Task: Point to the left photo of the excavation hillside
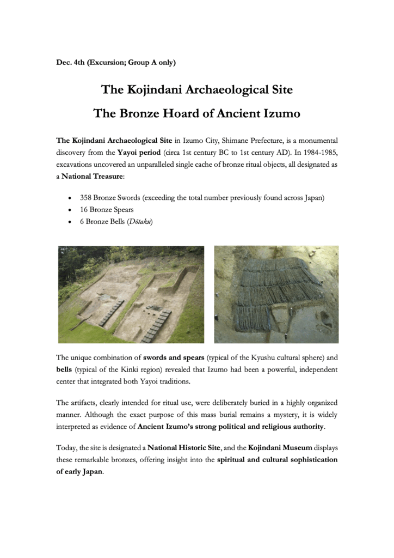click(x=131, y=294)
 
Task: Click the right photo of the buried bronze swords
click(x=276, y=294)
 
